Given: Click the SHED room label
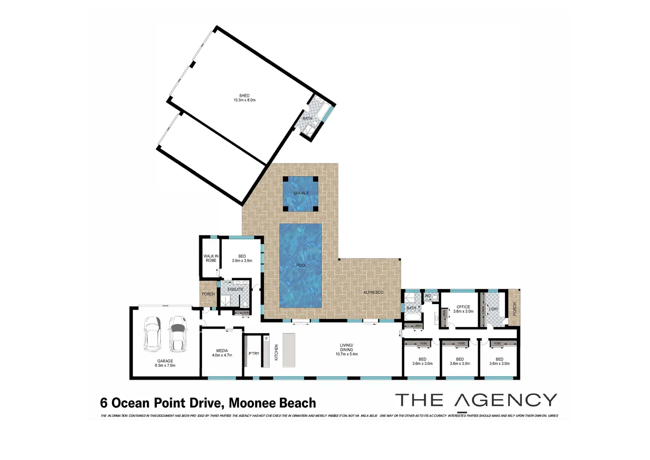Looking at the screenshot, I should [x=244, y=95].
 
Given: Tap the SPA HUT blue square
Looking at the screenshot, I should [x=301, y=194].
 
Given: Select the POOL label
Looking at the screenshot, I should [x=301, y=265].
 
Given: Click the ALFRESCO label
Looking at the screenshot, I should [x=373, y=292].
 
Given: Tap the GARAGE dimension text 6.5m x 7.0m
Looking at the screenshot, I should [x=165, y=365].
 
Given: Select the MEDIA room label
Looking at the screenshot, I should [x=222, y=351].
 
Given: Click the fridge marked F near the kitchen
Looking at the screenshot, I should [x=266, y=339].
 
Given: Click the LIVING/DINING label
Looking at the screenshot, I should [x=346, y=347].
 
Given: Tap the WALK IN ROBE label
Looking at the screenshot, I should [x=211, y=258].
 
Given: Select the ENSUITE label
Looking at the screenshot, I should [x=235, y=290].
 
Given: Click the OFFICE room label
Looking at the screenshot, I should [x=463, y=307].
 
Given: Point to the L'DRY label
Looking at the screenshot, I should [x=493, y=309].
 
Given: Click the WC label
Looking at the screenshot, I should [x=428, y=296].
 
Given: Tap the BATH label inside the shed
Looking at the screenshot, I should [x=307, y=118].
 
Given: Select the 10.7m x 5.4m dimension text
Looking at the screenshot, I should [x=346, y=354].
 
